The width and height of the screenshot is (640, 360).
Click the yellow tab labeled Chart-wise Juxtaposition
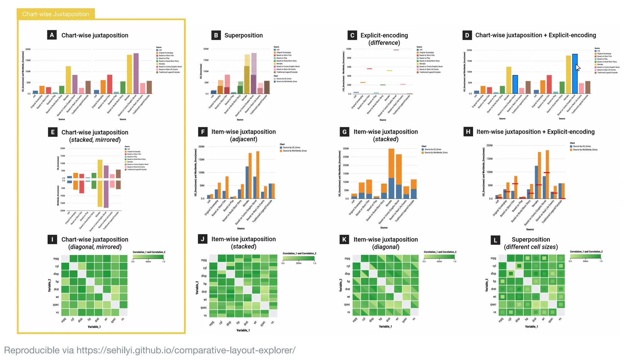(56, 14)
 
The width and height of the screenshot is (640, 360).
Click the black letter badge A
(52, 35)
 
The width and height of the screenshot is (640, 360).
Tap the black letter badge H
(468, 132)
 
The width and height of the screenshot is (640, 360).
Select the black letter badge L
(495, 240)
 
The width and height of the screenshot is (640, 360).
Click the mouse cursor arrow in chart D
(577, 67)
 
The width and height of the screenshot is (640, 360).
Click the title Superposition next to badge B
(243, 35)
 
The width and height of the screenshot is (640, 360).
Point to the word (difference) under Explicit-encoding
(384, 43)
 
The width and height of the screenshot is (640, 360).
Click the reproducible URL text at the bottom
(186, 350)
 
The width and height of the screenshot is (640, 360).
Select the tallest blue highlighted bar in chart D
(575, 74)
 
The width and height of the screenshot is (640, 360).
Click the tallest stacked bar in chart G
(391, 173)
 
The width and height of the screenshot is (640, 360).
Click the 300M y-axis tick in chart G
(346, 149)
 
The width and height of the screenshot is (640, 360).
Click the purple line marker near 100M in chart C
(396, 50)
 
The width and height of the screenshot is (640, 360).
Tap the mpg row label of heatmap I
(56, 258)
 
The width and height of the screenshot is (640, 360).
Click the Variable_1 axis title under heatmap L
(531, 327)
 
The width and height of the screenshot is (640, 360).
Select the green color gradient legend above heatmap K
(439, 257)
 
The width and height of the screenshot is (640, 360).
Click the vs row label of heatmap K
(348, 312)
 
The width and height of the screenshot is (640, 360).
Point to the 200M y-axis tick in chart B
(206, 49)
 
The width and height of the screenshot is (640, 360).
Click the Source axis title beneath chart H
(530, 229)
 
